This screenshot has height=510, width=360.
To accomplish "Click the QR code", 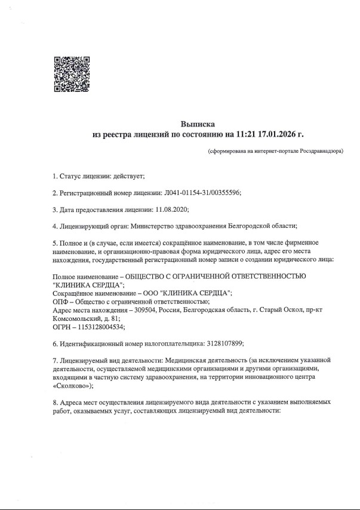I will click(x=72, y=74).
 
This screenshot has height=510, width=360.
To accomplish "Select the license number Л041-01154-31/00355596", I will click(x=202, y=193).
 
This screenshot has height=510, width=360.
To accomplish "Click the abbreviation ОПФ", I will click(x=60, y=302).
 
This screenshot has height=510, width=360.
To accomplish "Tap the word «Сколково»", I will click(x=70, y=387).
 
